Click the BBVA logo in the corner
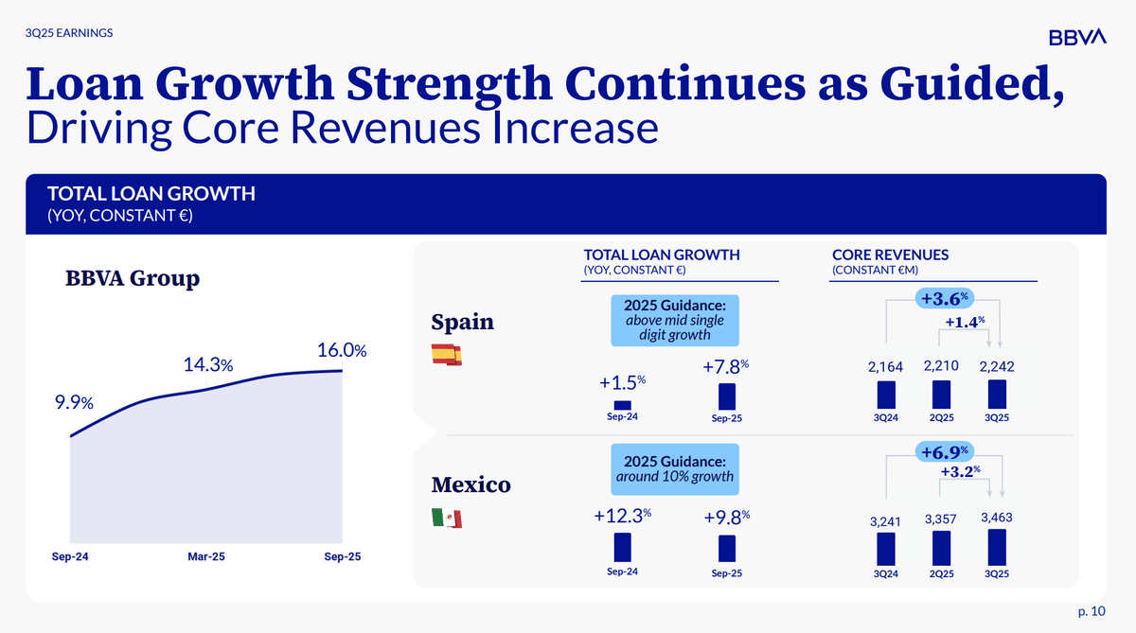click(x=1077, y=37)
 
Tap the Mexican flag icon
click(x=446, y=519)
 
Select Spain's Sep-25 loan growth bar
click(x=727, y=396)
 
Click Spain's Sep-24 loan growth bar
click(x=622, y=405)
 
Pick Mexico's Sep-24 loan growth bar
click(x=622, y=547)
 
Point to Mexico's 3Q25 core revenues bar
click(x=997, y=546)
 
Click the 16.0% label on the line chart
click(x=342, y=350)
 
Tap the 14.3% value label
click(x=209, y=365)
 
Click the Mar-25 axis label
click(x=207, y=557)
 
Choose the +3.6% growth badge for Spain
click(x=943, y=299)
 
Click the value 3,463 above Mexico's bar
click(x=997, y=518)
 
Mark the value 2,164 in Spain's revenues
click(x=885, y=366)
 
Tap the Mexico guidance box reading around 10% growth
click(x=674, y=468)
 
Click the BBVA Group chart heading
click(x=132, y=279)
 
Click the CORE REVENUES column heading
click(x=890, y=255)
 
